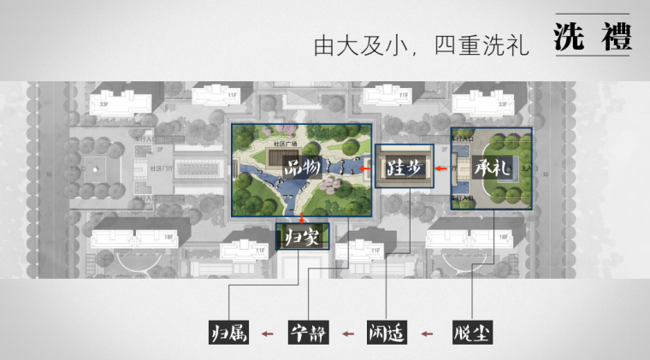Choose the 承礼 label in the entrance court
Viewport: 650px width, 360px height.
click(x=490, y=168)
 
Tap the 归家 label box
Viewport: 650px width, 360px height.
click(x=302, y=237)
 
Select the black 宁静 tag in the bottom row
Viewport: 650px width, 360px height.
click(x=309, y=333)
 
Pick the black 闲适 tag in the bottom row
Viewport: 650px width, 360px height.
click(x=387, y=333)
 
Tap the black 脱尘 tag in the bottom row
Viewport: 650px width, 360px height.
click(x=469, y=333)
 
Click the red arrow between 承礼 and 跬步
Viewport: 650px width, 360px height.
click(x=440, y=168)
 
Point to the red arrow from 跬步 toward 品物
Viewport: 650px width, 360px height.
click(x=365, y=168)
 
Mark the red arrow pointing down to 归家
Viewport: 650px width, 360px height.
click(x=302, y=218)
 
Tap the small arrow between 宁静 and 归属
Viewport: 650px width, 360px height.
click(x=269, y=333)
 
